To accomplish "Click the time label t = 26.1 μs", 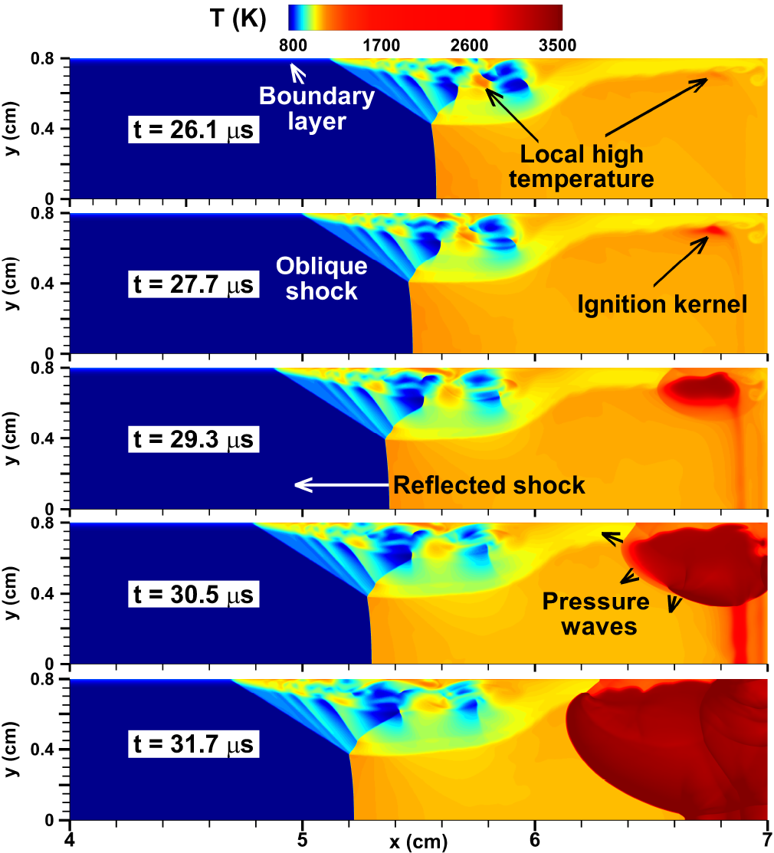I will pos(194,131).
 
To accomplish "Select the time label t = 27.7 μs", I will pos(194,286).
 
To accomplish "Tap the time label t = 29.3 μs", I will pos(194,441).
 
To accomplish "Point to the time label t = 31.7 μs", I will pos(194,744).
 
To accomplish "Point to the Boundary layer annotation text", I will pos(316,108).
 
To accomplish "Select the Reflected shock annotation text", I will pos(489,485).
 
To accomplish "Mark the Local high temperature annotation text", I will pos(582,166).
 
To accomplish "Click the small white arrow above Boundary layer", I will pos(296,73).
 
